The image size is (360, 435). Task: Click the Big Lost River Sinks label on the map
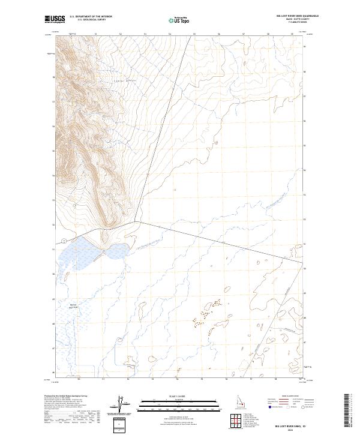[74, 305]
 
